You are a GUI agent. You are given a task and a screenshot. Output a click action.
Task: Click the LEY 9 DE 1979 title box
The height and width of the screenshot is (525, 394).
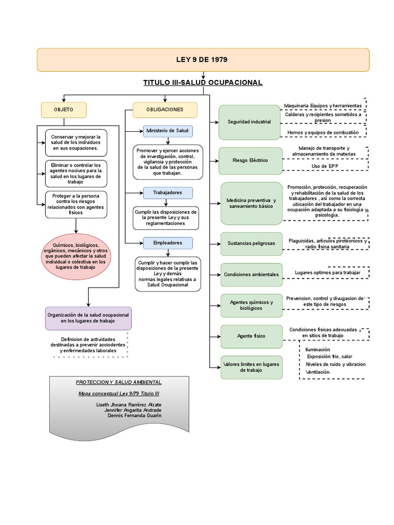[203, 59]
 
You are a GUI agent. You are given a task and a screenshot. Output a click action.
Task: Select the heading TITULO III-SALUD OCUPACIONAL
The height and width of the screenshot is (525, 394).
[203, 83]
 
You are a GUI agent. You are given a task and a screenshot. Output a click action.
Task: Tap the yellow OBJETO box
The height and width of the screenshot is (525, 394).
[64, 110]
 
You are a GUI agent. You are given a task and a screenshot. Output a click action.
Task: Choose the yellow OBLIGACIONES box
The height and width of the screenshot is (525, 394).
[165, 110]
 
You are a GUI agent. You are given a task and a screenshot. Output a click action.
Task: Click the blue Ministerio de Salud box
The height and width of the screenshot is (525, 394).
[168, 131]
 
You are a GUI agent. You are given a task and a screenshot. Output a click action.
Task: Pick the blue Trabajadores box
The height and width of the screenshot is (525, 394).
[168, 193]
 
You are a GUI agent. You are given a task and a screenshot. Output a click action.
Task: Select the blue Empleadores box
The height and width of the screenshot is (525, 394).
[168, 243]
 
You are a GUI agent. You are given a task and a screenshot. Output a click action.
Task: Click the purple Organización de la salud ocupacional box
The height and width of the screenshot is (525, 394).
[88, 317]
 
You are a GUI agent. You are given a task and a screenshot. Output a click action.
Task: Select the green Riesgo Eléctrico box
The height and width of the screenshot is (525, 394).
[250, 160]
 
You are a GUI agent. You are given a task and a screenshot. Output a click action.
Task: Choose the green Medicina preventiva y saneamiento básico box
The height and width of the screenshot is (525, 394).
[251, 203]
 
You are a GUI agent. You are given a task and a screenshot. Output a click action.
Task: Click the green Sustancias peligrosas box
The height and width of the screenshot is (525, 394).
[251, 244]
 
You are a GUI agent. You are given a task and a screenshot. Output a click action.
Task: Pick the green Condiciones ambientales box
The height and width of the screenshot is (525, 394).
[251, 274]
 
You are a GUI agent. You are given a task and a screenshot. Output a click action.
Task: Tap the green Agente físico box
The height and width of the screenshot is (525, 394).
[251, 336]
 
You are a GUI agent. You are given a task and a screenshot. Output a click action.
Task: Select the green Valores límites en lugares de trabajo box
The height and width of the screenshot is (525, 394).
[251, 367]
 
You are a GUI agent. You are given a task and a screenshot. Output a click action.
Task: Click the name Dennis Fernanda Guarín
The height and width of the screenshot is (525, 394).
[134, 415]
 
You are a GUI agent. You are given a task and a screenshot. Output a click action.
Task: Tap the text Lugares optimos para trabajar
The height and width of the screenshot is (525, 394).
[327, 273]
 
